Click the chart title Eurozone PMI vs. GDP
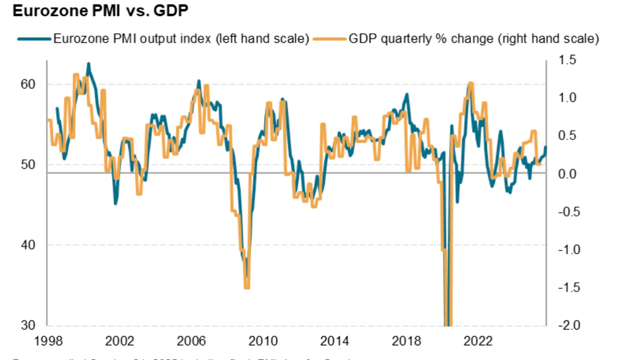(x=100, y=11)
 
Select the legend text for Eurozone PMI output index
(x=181, y=39)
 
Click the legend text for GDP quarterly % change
(x=473, y=39)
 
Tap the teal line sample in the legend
(x=34, y=39)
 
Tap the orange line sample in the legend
(x=330, y=39)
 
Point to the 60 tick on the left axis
(x=28, y=84)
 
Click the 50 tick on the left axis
(x=28, y=164)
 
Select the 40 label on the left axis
(x=28, y=245)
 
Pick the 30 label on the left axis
(x=28, y=325)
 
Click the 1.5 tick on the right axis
(x=567, y=60)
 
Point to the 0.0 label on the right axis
(x=567, y=173)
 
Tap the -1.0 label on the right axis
(x=569, y=249)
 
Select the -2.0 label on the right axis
(x=569, y=325)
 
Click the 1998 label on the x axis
(x=48, y=341)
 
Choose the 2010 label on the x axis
(x=263, y=341)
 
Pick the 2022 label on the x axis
(x=478, y=341)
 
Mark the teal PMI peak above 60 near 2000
(x=88, y=63)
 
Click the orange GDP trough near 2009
(x=247, y=287)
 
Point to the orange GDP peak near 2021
(x=470, y=84)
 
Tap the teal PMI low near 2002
(x=116, y=203)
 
